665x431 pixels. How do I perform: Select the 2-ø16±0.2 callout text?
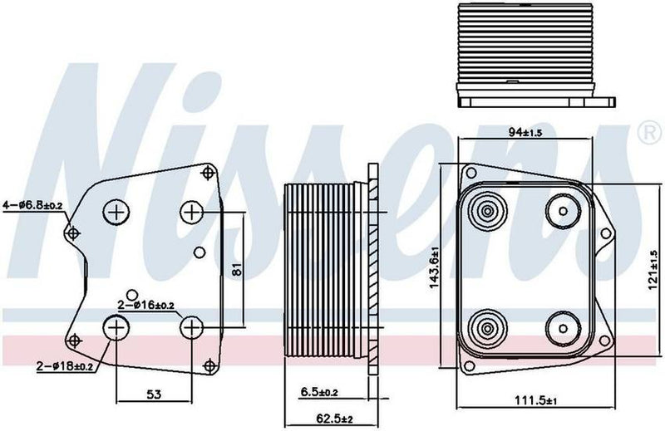coord(146,306)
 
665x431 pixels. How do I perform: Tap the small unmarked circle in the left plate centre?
coord(198,252)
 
